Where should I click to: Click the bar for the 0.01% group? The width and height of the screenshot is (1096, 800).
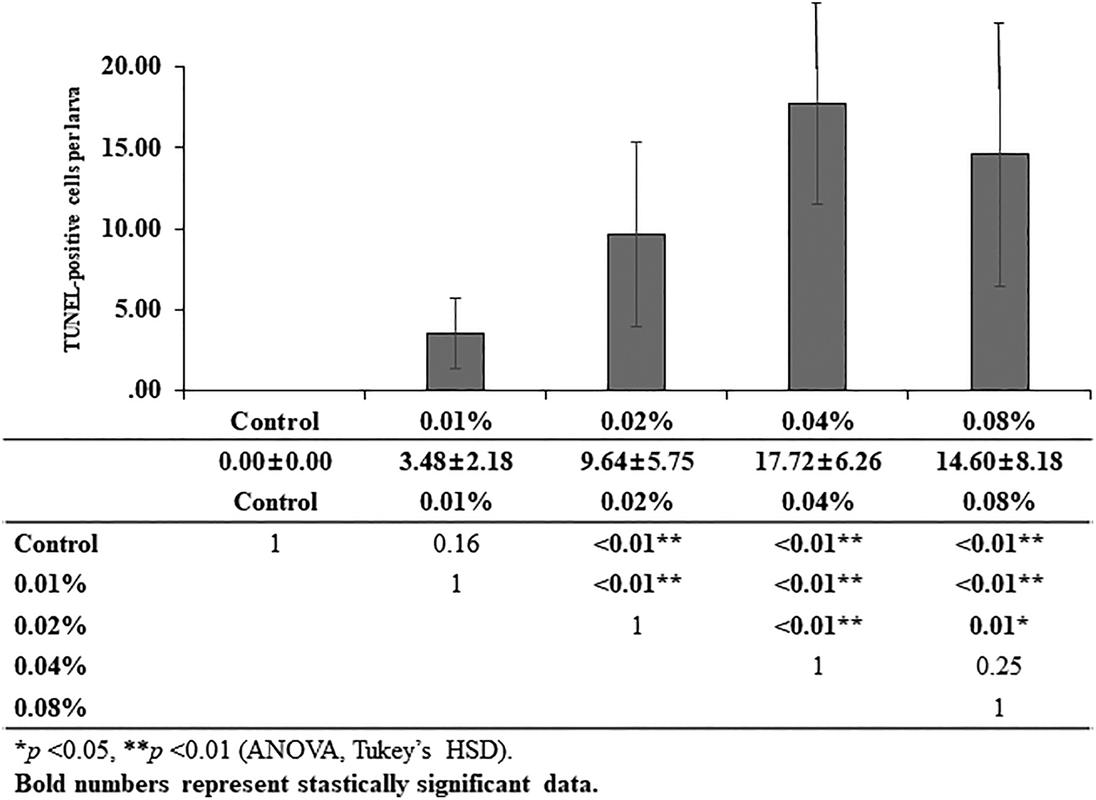pyautogui.click(x=455, y=361)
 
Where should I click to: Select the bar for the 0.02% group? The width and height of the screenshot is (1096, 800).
pyautogui.click(x=637, y=312)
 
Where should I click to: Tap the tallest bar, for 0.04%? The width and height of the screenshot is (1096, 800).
pyautogui.click(x=817, y=247)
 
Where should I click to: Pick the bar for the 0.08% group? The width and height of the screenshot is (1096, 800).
pyautogui.click(x=999, y=272)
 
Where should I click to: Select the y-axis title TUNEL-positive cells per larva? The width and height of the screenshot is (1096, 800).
pyautogui.click(x=73, y=219)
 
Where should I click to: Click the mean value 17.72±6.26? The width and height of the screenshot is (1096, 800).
pyautogui.click(x=818, y=461)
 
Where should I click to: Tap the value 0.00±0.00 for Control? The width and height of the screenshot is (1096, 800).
pyautogui.click(x=275, y=461)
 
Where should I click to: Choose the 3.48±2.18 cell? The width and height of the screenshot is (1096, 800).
pyautogui.click(x=456, y=461)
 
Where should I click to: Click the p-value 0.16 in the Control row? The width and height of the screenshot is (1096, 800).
pyautogui.click(x=456, y=544)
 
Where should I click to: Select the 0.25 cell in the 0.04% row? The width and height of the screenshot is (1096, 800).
pyautogui.click(x=999, y=666)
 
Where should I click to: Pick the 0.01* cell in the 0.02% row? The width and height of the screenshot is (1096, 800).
pyautogui.click(x=999, y=625)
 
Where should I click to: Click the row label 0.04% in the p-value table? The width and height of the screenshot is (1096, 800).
pyautogui.click(x=50, y=666)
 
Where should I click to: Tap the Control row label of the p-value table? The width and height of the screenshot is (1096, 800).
pyautogui.click(x=56, y=544)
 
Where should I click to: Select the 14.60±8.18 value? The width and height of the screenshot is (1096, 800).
pyautogui.click(x=999, y=461)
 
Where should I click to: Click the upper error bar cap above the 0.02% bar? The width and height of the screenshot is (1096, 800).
pyautogui.click(x=637, y=142)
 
